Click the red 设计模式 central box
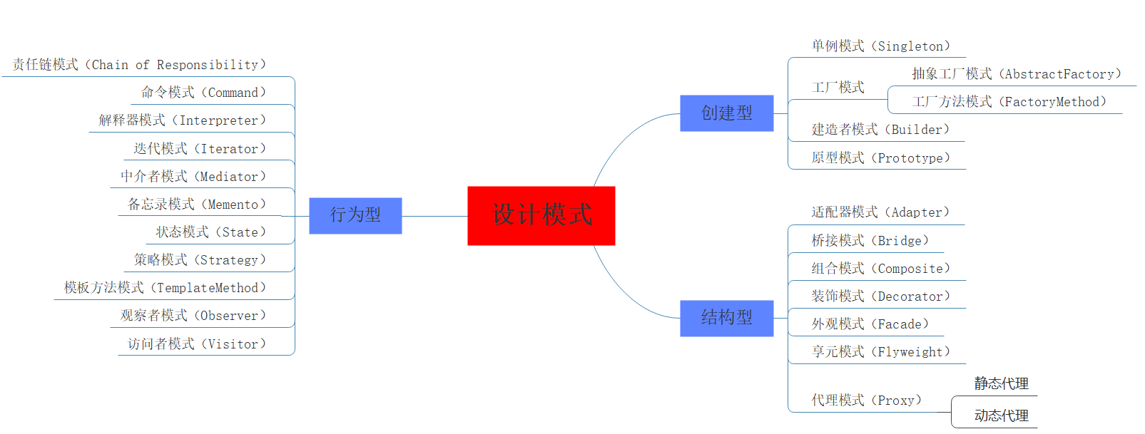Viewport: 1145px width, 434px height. (541, 215)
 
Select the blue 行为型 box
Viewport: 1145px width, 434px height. (355, 215)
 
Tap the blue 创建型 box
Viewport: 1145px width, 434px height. (726, 113)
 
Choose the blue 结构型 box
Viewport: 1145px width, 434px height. (726, 318)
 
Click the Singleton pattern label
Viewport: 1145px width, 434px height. (880, 46)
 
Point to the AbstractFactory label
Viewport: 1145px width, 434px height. (1016, 74)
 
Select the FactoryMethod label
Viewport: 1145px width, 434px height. (1009, 102)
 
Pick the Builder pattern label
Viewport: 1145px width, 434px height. (880, 130)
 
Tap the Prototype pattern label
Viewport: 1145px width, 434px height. (880, 158)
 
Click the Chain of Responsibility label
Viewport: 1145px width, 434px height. (139, 65)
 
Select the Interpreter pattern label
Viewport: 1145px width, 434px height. (182, 120)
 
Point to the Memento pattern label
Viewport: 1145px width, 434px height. (196, 205)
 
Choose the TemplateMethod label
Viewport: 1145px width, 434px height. (165, 288)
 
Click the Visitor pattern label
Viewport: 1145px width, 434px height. (196, 344)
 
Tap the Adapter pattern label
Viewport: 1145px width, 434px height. (880, 212)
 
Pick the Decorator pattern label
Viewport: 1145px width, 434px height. (880, 296)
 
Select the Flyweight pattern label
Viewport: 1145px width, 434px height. (880, 352)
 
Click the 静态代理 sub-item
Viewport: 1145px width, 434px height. (1001, 383)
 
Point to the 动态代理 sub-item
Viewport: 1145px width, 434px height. (1001, 415)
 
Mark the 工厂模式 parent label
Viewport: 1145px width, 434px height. (838, 88)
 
